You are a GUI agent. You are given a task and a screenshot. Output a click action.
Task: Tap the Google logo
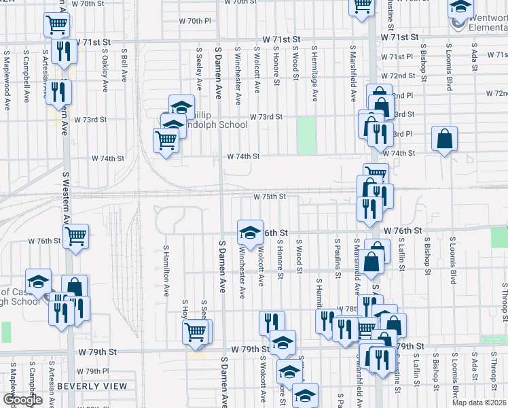tap(22, 400)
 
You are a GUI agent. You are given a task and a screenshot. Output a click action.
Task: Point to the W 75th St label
tap(269, 197)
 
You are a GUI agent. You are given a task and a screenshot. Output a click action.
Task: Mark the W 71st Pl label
tap(397, 56)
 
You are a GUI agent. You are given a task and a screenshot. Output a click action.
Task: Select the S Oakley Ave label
tap(105, 70)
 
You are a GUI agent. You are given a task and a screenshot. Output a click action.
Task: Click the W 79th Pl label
tap(93, 371)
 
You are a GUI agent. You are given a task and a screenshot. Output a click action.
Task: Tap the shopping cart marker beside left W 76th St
tap(76, 236)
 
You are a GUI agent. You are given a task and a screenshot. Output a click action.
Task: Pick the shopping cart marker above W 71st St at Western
tap(57, 26)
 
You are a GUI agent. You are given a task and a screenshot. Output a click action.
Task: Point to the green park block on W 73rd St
tap(307, 135)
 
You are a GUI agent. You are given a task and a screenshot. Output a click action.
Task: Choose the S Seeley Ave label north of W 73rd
tap(199, 69)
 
